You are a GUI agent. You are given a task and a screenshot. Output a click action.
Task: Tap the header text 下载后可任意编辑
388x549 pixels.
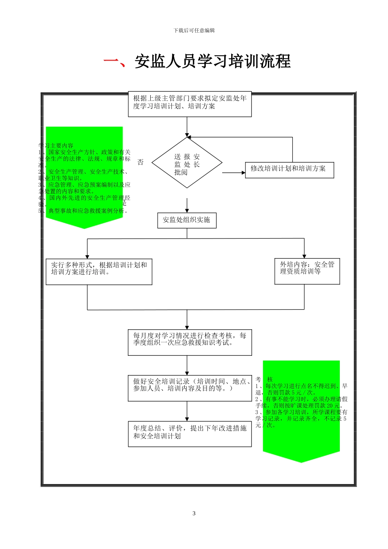point(194,30)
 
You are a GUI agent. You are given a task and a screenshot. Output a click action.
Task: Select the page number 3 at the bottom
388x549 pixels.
point(194,513)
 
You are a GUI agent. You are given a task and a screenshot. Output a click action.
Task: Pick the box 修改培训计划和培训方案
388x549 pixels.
point(289,169)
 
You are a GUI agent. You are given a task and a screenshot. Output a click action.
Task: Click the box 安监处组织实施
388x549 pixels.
point(187,220)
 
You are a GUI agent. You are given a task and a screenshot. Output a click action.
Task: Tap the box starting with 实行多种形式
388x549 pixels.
point(99,271)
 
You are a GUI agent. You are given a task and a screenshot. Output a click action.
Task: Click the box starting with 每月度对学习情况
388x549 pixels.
point(190,342)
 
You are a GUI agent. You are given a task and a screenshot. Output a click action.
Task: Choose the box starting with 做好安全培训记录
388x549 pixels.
point(190,388)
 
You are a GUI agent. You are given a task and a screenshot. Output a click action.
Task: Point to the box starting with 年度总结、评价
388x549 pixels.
point(190,434)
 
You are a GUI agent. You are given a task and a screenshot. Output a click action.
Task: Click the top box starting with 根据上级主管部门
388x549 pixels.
point(190,104)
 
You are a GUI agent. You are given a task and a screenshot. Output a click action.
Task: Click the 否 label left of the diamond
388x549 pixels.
point(140,163)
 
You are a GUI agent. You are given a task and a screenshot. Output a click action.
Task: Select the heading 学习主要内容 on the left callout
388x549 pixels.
point(56,145)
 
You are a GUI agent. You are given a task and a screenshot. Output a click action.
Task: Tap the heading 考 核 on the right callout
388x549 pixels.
point(264,379)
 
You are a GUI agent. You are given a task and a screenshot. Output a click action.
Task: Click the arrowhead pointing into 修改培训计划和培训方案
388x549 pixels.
point(242,173)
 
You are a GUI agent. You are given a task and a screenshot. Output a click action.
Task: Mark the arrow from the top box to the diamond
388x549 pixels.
point(187,127)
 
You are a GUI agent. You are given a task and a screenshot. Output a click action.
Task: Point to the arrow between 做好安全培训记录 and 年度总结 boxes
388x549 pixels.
point(187,411)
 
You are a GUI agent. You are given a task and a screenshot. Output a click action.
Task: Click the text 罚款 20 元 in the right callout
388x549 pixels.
point(328,406)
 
